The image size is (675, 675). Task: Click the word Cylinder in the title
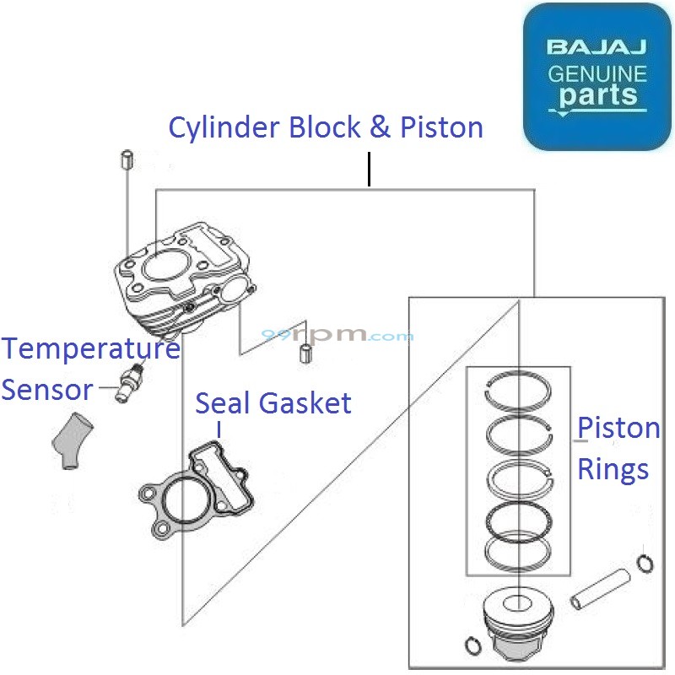224,128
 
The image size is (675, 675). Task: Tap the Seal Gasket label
273,403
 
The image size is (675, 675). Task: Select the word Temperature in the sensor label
90,348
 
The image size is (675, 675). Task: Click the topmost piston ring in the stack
519,393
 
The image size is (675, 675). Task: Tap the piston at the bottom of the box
516,629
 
